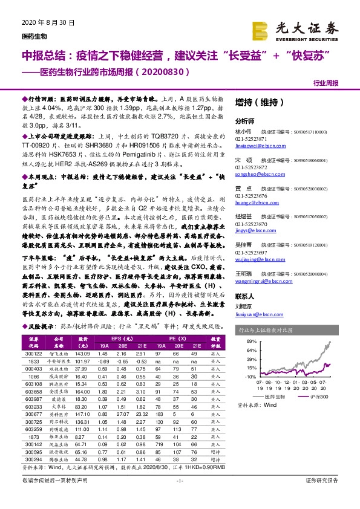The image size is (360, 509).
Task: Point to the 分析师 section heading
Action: tap(244, 122)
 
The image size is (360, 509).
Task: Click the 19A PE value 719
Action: tap(159, 462)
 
